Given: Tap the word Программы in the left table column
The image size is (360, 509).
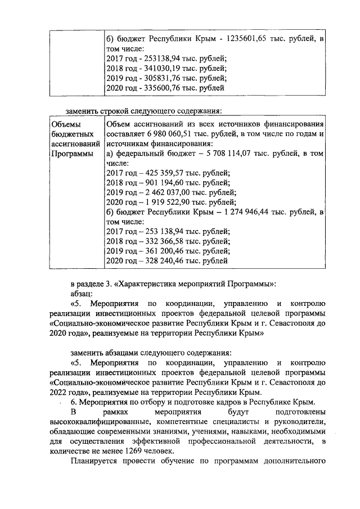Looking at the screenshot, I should (71, 154).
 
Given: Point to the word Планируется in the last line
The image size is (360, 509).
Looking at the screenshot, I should (94, 466).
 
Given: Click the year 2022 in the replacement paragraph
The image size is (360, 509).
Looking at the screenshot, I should (60, 392).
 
